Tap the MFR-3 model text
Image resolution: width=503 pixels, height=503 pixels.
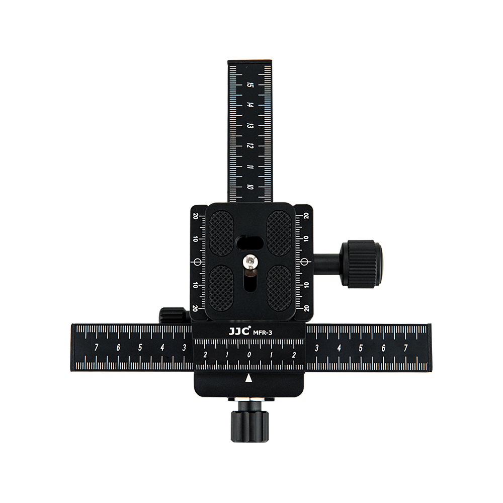coord(263,333)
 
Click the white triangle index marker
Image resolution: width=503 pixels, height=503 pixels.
coord(248,379)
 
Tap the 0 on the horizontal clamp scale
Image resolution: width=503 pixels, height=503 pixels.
coord(249,355)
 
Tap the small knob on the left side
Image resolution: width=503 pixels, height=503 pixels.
coord(173,315)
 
